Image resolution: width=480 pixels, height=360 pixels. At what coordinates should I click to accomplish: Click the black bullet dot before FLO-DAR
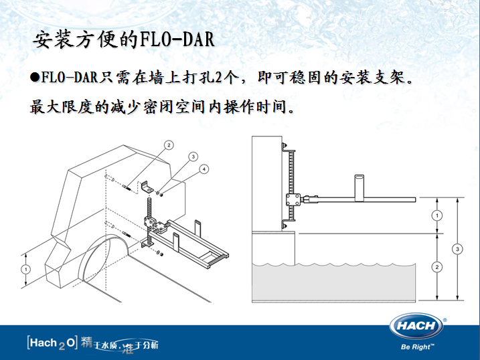point(35,78)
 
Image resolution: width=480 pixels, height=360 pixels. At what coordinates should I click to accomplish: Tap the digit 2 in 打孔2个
point(220,78)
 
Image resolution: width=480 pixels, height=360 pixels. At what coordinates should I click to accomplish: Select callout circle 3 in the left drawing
point(192,157)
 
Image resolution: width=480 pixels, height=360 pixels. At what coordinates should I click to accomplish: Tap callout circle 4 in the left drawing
point(205,169)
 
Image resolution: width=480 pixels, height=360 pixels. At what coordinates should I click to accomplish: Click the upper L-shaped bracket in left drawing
point(149,184)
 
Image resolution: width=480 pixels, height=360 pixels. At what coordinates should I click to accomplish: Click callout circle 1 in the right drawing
point(436,215)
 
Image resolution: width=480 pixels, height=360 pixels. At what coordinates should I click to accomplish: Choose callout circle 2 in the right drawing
point(436,267)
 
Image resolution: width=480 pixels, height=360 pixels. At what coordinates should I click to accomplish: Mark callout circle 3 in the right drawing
point(457,250)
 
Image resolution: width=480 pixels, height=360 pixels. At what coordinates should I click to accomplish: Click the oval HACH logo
point(416,327)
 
